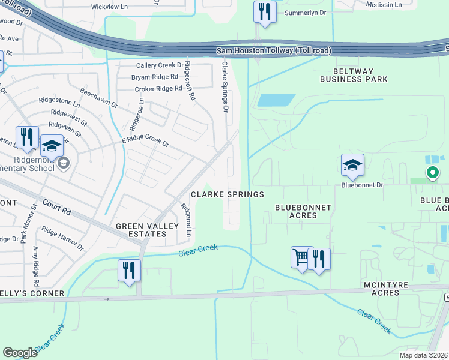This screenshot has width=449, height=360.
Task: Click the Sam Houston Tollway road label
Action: click(x=274, y=51)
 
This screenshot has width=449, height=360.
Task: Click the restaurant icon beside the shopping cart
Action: click(x=319, y=259)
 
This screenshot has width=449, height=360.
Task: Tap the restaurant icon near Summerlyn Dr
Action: click(x=265, y=11)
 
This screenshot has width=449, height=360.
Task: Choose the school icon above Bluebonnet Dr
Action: click(x=352, y=164)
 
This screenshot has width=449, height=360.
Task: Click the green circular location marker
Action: click(x=432, y=173)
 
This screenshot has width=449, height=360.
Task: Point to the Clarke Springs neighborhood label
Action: click(x=228, y=194)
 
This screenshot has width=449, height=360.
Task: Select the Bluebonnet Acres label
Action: click(x=303, y=211)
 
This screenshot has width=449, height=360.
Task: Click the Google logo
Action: click(x=20, y=353)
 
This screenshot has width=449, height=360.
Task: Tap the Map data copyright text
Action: click(x=423, y=355)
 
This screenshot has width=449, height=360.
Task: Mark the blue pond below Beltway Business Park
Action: click(x=276, y=100)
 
